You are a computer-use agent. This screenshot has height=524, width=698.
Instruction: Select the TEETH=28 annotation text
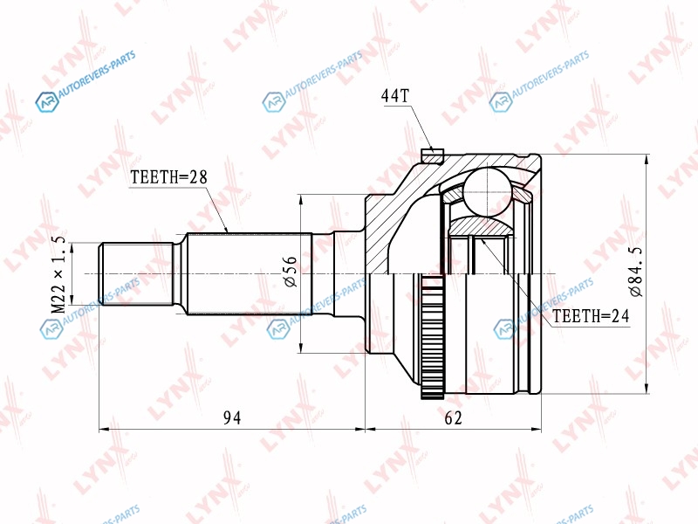[x=169, y=177]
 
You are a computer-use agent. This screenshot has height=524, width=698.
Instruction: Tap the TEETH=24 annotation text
[x=591, y=316]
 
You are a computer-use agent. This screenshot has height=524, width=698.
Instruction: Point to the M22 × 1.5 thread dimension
[x=58, y=274]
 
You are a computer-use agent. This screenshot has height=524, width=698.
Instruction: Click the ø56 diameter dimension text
[x=290, y=271]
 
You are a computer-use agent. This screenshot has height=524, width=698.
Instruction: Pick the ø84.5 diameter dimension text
[x=636, y=271]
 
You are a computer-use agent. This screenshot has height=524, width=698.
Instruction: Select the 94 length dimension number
[x=232, y=417]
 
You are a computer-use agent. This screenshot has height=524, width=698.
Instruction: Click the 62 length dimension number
[x=453, y=417]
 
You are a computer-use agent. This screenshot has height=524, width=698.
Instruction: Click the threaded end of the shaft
[x=136, y=274]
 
